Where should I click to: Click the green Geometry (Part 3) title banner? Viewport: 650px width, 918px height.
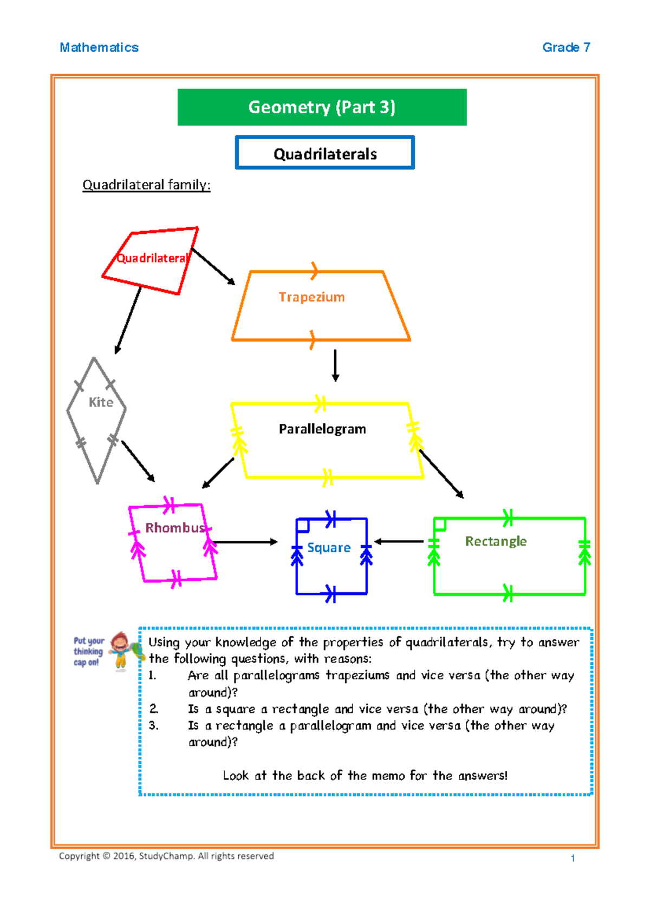point(322,107)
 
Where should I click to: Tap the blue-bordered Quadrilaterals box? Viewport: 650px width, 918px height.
point(325,154)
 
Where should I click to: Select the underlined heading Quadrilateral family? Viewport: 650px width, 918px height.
point(146,185)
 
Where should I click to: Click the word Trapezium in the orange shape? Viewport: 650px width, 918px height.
point(311,297)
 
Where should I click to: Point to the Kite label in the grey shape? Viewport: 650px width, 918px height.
point(101,402)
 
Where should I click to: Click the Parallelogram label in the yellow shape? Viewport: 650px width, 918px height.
point(322,429)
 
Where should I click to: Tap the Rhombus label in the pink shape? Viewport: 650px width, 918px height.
point(175,528)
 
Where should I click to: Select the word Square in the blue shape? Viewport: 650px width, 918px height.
point(329,548)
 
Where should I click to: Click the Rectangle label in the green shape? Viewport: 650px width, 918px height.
point(496,541)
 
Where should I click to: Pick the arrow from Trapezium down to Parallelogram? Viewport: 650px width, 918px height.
point(335,365)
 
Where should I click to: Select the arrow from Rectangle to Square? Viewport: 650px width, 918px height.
point(399,541)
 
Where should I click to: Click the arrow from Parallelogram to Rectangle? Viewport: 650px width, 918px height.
point(441,474)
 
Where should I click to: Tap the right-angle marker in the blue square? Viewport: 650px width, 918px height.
point(303,525)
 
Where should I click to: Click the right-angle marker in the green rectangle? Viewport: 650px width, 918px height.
point(440,524)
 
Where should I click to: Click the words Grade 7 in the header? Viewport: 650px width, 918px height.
point(566,48)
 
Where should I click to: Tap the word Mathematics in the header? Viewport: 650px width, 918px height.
point(99,48)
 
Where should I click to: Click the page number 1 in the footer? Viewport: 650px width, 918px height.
point(573,858)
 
